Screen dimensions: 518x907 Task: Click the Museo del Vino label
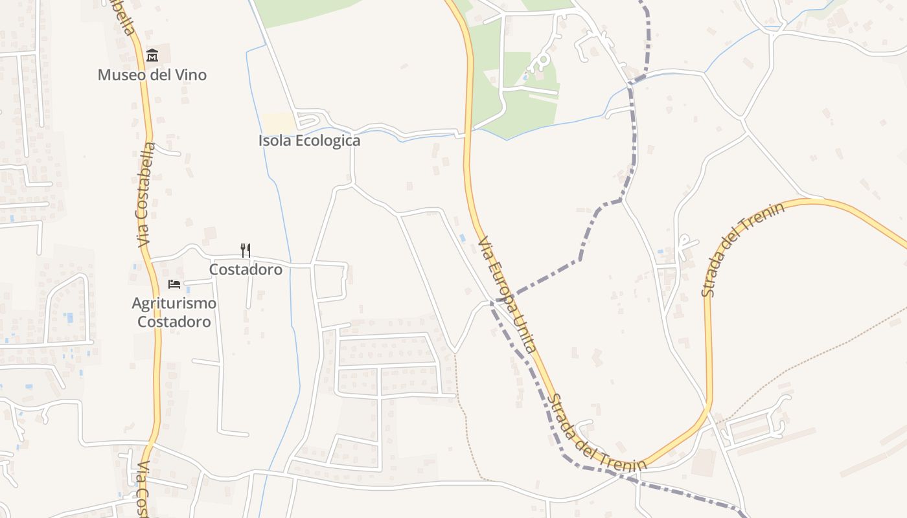[152, 75]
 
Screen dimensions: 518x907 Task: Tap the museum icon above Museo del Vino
[152, 56]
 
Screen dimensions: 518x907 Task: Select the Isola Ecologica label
[309, 141]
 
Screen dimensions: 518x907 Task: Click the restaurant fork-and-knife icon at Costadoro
[246, 251]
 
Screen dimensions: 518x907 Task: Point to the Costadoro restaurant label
[246, 269]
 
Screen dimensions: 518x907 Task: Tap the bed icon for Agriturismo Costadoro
[174, 284]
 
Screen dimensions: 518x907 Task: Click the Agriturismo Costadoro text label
[174, 312]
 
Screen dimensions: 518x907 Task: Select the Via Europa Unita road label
[507, 295]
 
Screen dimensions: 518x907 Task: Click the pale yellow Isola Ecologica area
[279, 122]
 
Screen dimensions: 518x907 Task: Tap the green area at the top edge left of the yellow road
[304, 10]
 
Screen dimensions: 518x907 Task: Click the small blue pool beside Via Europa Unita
[462, 238]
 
